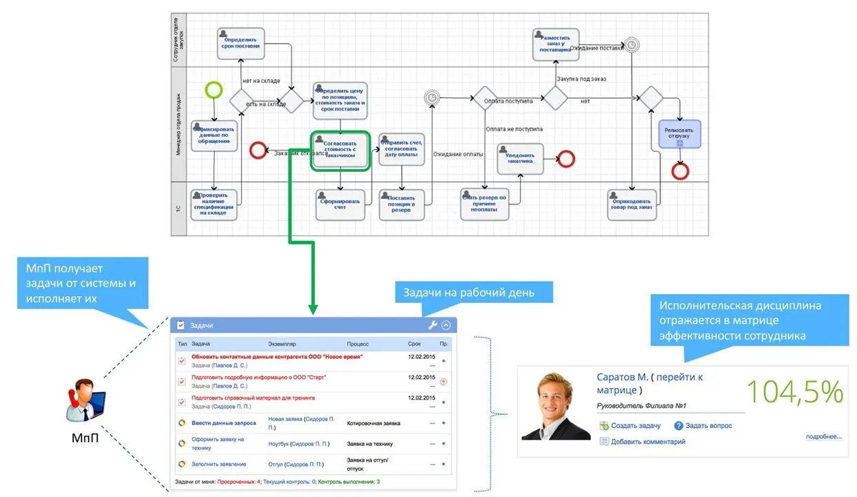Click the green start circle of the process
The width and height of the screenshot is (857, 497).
[x=214, y=90]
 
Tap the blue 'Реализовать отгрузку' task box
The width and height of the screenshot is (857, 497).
[x=680, y=133]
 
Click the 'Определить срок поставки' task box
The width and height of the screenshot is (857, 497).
[x=240, y=42]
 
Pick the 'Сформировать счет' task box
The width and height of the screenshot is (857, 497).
[x=340, y=204]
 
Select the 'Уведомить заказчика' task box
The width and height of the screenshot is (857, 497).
[x=520, y=158]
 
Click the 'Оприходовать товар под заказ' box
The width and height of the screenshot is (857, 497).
[x=631, y=204]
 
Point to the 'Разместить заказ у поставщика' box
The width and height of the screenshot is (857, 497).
[x=555, y=44]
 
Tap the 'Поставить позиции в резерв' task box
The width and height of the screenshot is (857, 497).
[x=402, y=204]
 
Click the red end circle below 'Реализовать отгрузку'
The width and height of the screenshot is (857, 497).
[x=680, y=170]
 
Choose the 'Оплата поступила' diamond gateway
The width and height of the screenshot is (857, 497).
[x=485, y=99]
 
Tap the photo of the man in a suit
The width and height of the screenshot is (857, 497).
[x=556, y=406]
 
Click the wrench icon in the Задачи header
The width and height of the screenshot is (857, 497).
[x=433, y=325]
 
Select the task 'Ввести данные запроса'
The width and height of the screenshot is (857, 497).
[x=224, y=423]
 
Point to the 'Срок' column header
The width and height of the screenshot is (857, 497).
[x=414, y=343]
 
